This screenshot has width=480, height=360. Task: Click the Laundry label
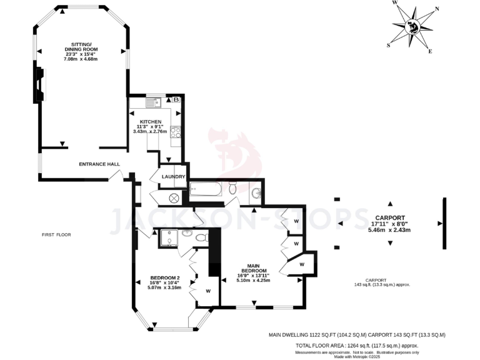tap(172, 177)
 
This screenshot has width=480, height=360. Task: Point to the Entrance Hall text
tap(99, 164)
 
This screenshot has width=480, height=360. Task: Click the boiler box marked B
tap(176, 100)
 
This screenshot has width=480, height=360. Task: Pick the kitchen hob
tap(175, 132)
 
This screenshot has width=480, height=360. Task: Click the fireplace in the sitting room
tap(39, 84)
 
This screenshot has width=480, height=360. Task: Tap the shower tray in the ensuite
tap(169, 238)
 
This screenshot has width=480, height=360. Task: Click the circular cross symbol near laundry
tap(174, 197)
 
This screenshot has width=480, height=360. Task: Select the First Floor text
tap(56, 235)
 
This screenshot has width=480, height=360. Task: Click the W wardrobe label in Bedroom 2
tap(208, 291)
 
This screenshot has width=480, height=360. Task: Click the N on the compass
tap(436, 9)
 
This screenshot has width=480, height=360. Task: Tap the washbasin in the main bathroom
tap(256, 194)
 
